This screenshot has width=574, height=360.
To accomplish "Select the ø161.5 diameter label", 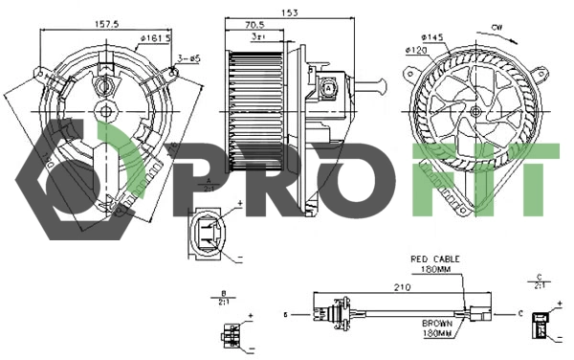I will click(154, 38).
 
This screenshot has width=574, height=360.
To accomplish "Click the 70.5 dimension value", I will click(254, 24).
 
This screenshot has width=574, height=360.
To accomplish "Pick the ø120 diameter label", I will click(416, 49).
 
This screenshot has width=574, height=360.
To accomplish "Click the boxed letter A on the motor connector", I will click(329, 87).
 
